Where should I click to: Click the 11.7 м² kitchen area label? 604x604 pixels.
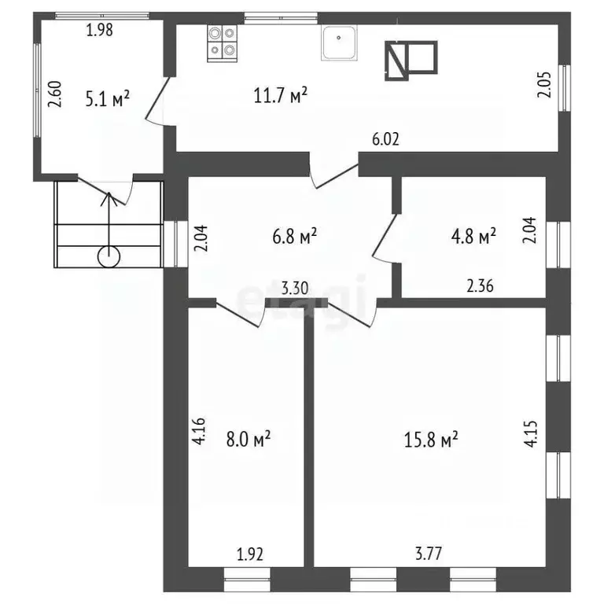click(281, 95)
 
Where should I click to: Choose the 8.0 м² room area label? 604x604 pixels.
click(245, 438)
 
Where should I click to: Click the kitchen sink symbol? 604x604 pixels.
click(340, 42)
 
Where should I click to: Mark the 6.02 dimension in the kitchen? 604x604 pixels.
click(386, 140)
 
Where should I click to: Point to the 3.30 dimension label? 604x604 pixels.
click(296, 288)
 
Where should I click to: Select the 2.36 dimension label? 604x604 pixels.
click(479, 288)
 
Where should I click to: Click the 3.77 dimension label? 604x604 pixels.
click(429, 554)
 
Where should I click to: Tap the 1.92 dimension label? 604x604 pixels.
click(249, 554)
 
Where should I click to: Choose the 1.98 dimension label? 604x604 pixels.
click(99, 31)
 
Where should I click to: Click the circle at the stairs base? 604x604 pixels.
click(109, 256)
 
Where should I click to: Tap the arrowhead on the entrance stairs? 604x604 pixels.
click(109, 197)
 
